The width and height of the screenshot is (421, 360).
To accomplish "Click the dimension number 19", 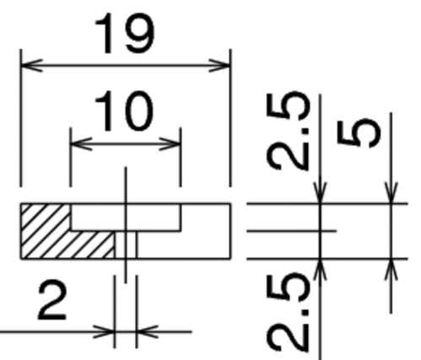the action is (x=125, y=34).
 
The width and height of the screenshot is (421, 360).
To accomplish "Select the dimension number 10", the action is (x=124, y=111).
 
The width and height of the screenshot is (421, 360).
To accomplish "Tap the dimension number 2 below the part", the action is (x=52, y=300).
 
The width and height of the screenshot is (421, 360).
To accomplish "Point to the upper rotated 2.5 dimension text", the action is (x=288, y=131).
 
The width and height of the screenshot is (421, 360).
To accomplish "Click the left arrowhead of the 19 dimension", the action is (x=32, y=66).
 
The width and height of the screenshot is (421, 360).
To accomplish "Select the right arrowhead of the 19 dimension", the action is (x=219, y=66).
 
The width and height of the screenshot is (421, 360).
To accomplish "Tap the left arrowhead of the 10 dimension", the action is (x=81, y=144).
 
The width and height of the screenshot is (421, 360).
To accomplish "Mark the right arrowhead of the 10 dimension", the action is (x=170, y=144).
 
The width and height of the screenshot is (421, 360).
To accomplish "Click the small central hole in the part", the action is (x=126, y=244).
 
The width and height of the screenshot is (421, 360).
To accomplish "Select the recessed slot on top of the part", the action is (x=126, y=218).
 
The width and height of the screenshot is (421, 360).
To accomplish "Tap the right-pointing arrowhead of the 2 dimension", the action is (x=104, y=331).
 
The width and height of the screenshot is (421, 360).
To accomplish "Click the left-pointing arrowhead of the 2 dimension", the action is (x=148, y=331).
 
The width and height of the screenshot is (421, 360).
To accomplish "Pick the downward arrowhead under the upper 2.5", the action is (x=321, y=192).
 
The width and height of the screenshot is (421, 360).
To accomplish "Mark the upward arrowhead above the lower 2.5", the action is (x=321, y=269).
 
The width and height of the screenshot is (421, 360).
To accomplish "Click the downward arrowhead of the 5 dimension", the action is (x=391, y=192).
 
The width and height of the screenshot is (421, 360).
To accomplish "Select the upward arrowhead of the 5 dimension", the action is (x=391, y=269).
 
